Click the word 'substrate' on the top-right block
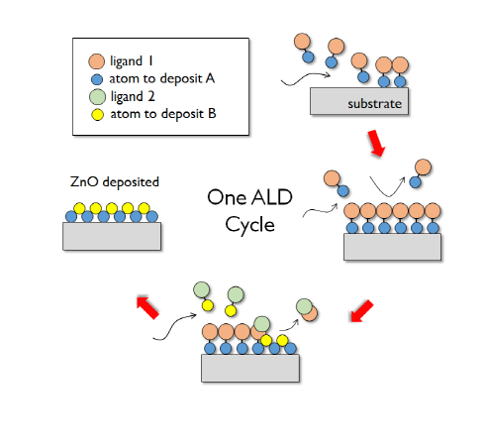[372, 104]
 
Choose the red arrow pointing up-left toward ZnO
[145, 304]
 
